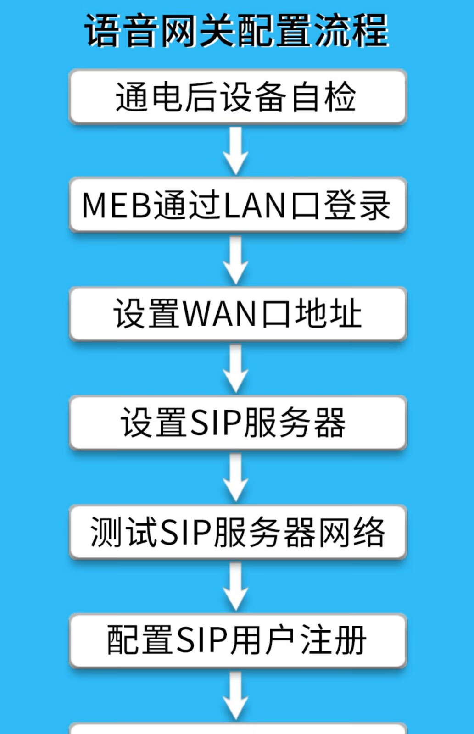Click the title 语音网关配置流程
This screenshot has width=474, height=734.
click(237, 31)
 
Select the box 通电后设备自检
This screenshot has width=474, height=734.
click(238, 97)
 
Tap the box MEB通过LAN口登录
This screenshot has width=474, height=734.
click(238, 205)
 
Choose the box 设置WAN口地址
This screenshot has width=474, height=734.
click(238, 314)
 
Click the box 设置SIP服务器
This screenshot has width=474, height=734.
click(238, 423)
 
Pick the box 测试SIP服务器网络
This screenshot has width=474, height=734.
click(238, 532)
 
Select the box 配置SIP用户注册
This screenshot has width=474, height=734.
click(238, 640)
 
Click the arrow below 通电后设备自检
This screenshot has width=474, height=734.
click(236, 150)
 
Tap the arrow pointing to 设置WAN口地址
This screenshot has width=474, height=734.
click(236, 260)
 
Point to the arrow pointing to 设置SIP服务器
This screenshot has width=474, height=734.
click(236, 368)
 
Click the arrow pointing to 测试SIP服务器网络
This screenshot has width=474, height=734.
click(236, 477)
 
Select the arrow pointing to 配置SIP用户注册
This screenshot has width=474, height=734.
click(236, 586)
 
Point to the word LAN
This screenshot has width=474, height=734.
click(255, 205)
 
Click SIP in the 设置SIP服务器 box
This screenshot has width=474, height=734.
click(216, 423)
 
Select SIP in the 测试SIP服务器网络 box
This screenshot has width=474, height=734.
click(185, 532)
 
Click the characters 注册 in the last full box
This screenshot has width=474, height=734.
click(333, 640)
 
